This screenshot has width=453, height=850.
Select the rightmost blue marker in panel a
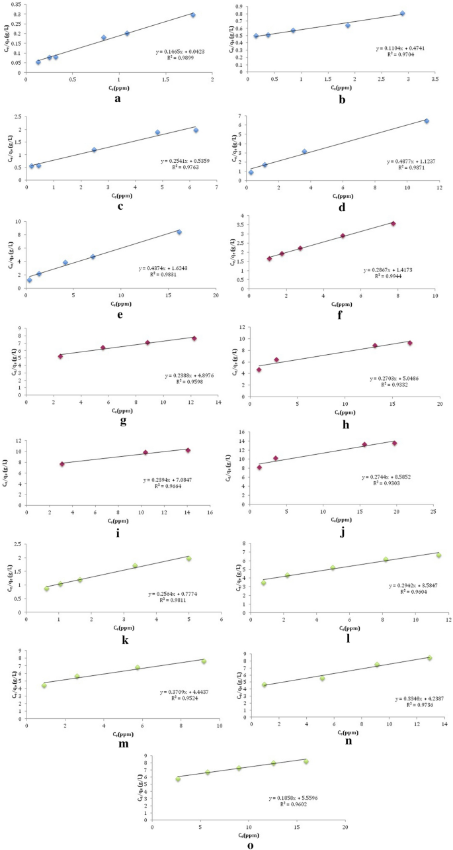point(193,15)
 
